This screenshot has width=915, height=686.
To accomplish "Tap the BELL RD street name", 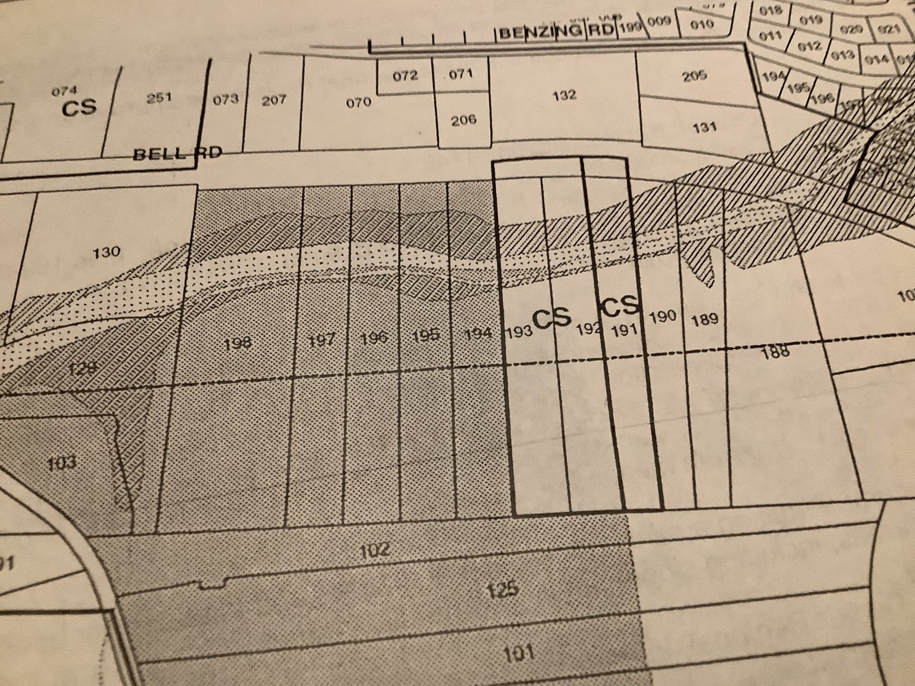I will point(177,153).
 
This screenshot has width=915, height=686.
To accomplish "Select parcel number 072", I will point(405,75).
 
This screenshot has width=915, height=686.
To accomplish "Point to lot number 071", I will point(461,74).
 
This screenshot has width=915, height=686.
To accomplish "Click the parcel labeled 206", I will point(463,120).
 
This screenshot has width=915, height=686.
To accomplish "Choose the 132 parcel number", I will point(564,95).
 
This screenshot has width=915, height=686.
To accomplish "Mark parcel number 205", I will point(694,75).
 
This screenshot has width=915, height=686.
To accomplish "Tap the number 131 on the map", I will point(705,127).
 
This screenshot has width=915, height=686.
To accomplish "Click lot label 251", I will point(159,98).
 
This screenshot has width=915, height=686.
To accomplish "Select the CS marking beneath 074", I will point(79,108).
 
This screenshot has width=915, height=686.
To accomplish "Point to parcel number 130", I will point(108,252).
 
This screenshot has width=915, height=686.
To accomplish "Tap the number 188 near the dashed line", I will point(775,352).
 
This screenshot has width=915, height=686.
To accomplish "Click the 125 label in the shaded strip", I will point(504,590).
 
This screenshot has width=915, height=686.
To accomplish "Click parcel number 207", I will point(273,100).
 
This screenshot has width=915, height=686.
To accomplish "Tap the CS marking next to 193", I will point(552,318).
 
